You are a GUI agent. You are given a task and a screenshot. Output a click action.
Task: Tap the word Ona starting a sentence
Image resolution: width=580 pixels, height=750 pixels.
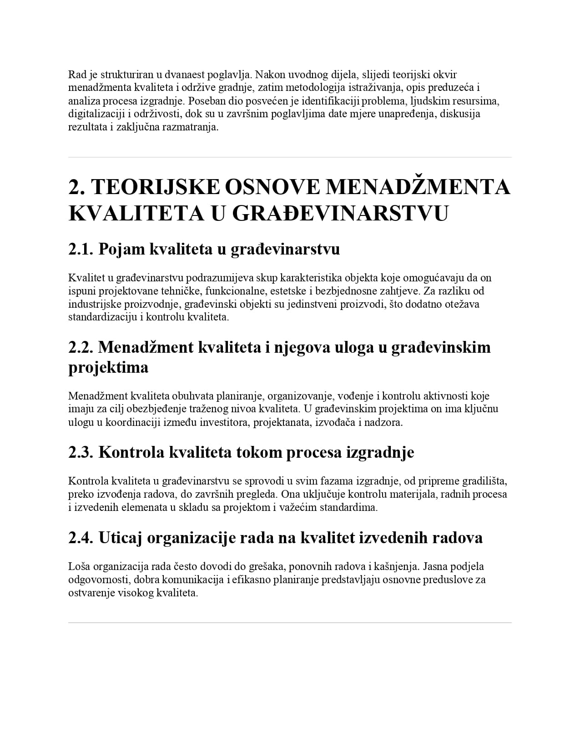[x=292, y=494]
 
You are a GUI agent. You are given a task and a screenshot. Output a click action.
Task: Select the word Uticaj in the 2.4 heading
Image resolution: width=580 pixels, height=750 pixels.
[x=120, y=538]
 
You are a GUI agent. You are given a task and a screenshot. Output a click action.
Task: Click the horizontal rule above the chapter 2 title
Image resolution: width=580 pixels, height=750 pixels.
[x=290, y=157]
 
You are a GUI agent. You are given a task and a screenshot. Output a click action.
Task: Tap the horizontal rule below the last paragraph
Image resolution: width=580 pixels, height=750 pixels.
[x=290, y=623]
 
